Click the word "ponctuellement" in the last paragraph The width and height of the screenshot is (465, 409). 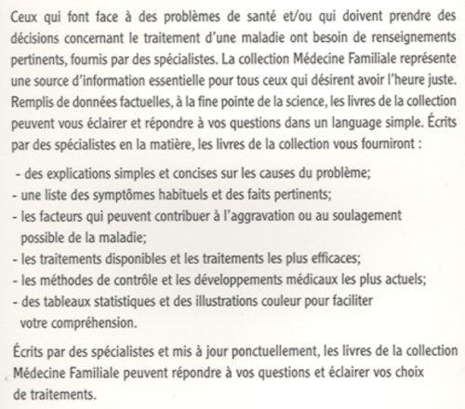pos(258,355)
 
